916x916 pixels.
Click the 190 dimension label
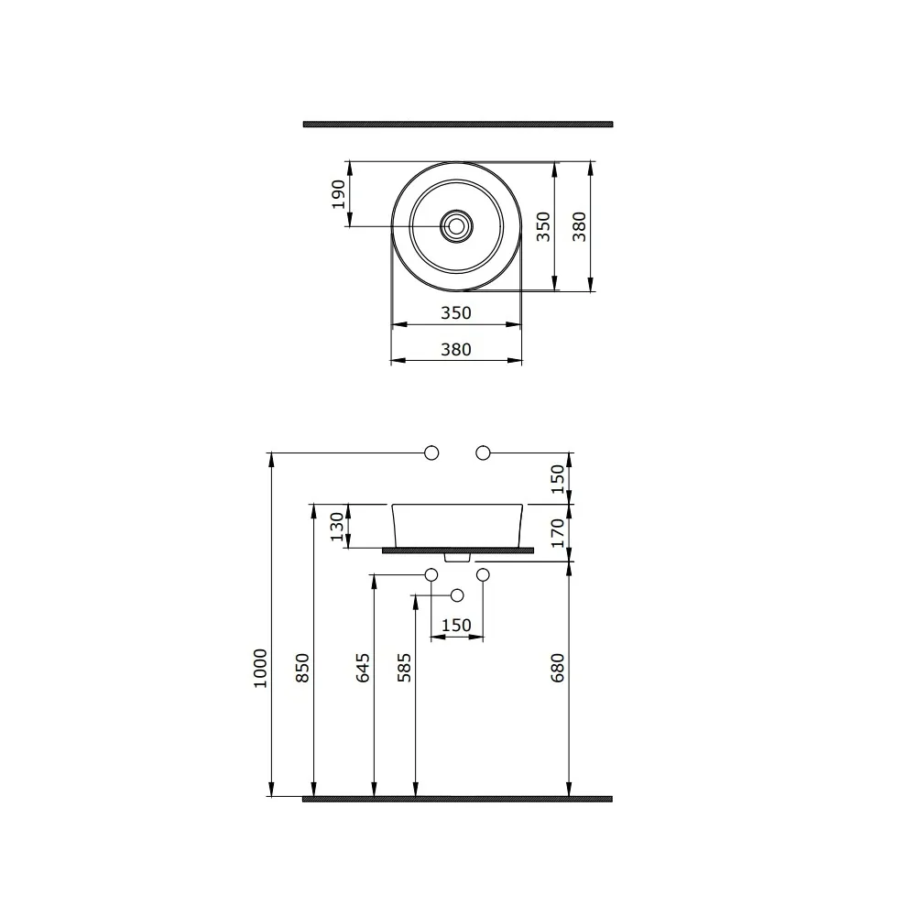pyautogui.click(x=338, y=194)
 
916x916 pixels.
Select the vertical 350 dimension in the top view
pyautogui.click(x=543, y=226)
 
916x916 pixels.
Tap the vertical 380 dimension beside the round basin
pyautogui.click(x=579, y=226)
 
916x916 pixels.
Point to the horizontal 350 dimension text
pyautogui.click(x=455, y=313)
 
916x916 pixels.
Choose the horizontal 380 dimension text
pyautogui.click(x=455, y=349)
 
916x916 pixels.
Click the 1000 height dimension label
pyautogui.click(x=260, y=669)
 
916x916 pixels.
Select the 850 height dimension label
pyautogui.click(x=302, y=669)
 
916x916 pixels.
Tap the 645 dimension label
pyautogui.click(x=363, y=669)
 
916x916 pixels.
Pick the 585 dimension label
pyautogui.click(x=404, y=669)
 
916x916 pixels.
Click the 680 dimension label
pyautogui.click(x=558, y=669)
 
